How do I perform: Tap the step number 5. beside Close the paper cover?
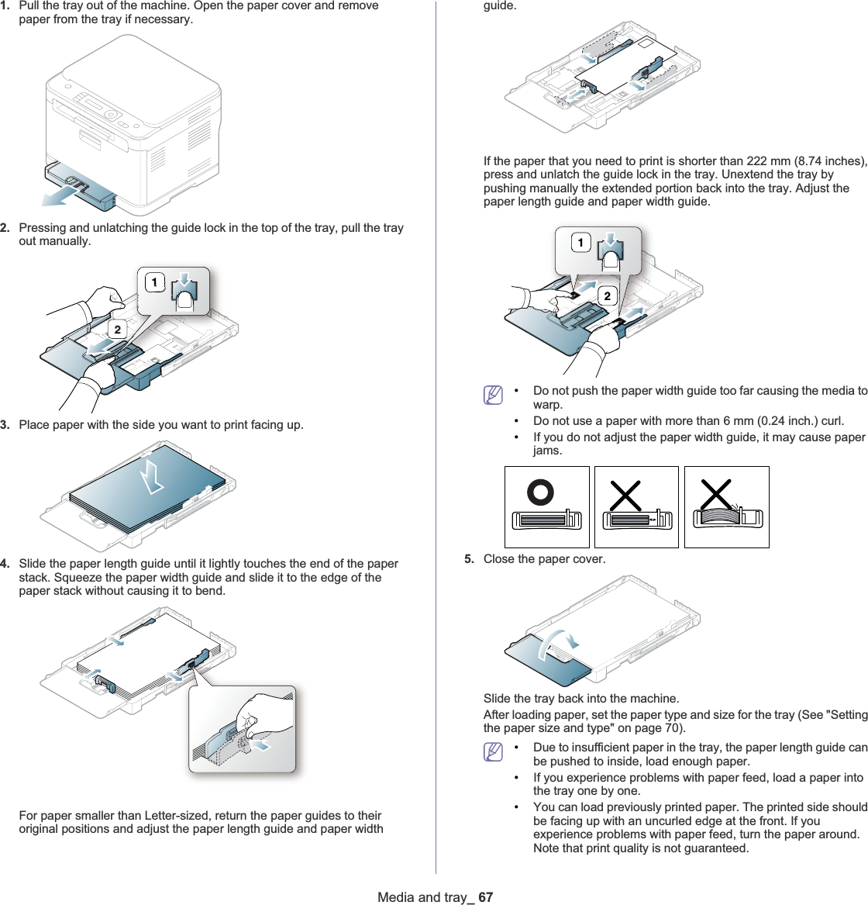(x=470, y=559)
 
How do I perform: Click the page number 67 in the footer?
(x=486, y=897)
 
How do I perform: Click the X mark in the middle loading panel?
(x=625, y=495)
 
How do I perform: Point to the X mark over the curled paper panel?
(x=716, y=493)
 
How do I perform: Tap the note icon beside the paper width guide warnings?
(x=492, y=395)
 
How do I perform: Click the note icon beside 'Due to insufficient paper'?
(x=492, y=751)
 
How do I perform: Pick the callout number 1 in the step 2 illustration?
(x=154, y=282)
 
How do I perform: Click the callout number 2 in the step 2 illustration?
(x=117, y=330)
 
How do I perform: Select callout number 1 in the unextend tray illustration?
(x=580, y=244)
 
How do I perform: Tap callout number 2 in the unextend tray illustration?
(x=607, y=295)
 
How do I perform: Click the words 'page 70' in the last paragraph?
(x=660, y=728)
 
